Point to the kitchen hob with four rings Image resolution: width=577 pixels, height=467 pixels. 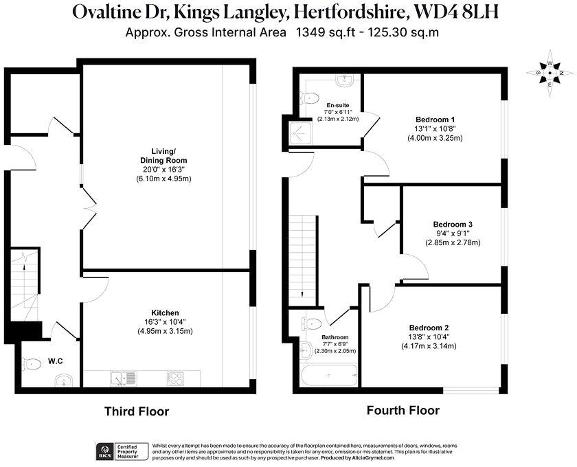click(x=174, y=378)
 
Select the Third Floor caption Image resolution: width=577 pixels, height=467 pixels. click(x=136, y=411)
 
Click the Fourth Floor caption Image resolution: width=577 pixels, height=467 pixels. click(x=403, y=411)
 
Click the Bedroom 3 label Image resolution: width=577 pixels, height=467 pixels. click(x=453, y=225)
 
